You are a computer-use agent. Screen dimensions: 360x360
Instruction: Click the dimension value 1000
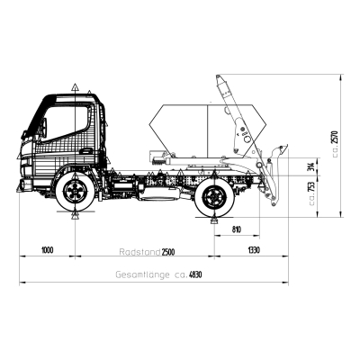[x=48, y=250]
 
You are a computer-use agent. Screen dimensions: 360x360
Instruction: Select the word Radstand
[x=139, y=252]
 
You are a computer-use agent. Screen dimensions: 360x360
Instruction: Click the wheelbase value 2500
[x=168, y=252]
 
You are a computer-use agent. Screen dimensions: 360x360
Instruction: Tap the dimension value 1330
[x=254, y=250]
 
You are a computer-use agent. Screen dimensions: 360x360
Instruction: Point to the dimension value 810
[x=237, y=229]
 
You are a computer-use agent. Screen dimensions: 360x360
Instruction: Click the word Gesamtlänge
[x=142, y=274]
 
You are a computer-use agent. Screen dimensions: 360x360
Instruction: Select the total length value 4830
[x=195, y=274]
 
